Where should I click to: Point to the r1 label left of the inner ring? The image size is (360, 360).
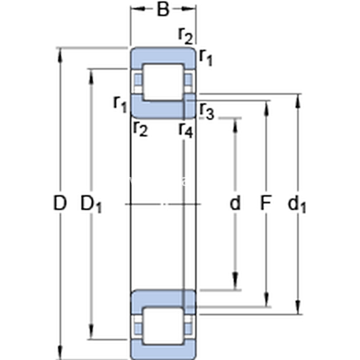point(120,103)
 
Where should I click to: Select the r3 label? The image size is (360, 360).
point(206,112)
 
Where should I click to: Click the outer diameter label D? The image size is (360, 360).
point(59,204)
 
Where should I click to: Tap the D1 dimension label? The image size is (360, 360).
point(92,205)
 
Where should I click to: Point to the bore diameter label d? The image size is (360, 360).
point(235,204)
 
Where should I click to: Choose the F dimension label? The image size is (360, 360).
point(265,204)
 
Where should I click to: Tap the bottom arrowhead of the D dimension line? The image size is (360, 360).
point(60,355)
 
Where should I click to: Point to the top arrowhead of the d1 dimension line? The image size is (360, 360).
point(298,98)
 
